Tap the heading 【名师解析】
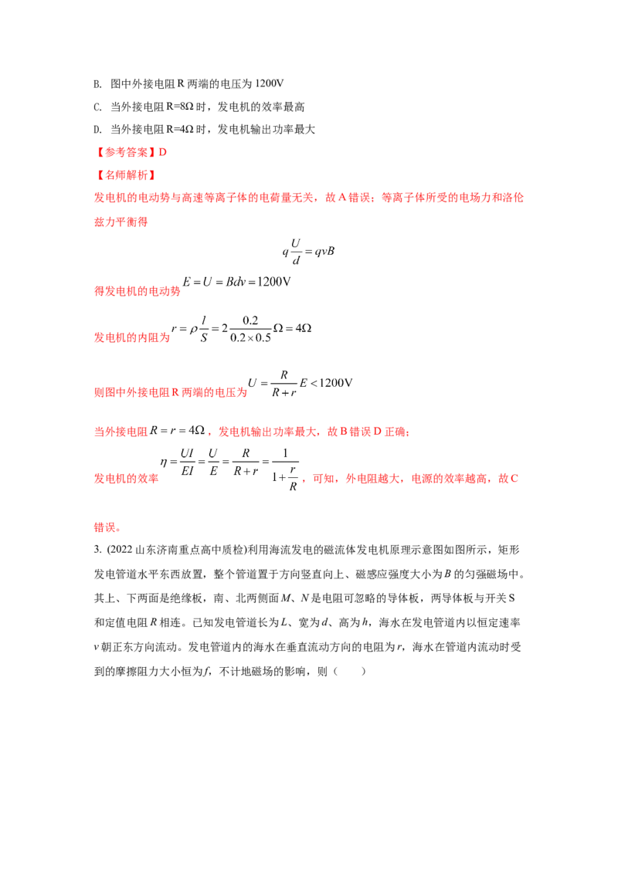[x=124, y=175]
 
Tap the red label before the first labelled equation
[x=137, y=291]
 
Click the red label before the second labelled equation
[x=132, y=337]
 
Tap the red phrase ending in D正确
[x=317, y=432]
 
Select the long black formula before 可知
[x=231, y=466]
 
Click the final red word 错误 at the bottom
[x=106, y=529]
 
